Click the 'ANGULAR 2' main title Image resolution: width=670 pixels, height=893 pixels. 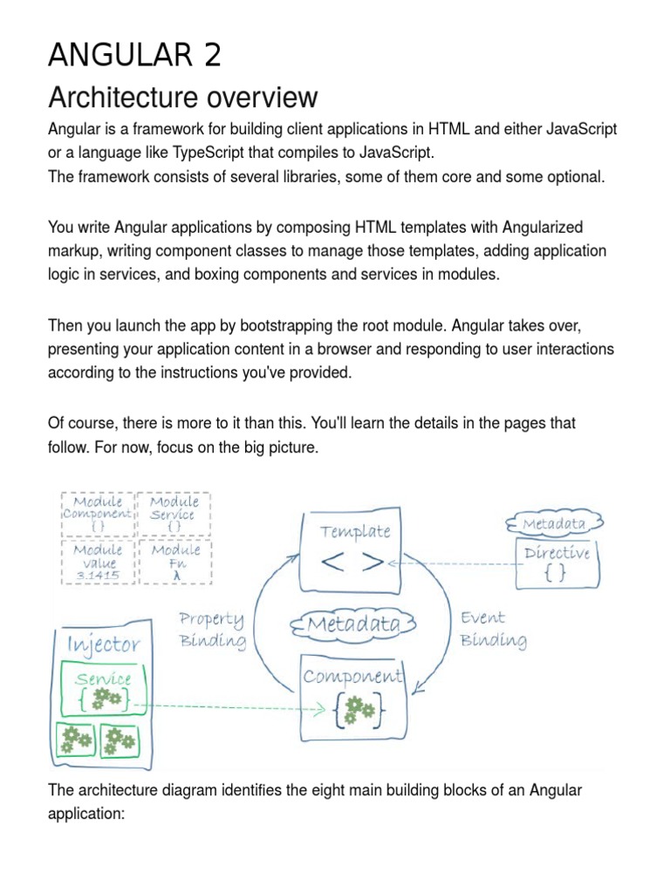click(134, 55)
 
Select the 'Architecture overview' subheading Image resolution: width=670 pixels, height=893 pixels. click(183, 97)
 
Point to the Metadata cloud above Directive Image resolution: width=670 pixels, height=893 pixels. click(554, 523)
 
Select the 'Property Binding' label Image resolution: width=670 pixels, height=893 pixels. click(212, 630)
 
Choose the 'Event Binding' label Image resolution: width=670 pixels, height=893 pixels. click(492, 629)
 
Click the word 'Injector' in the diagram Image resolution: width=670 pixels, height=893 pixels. click(103, 645)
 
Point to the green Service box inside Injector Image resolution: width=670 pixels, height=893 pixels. click(103, 689)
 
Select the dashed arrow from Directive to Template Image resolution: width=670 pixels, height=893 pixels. click(454, 563)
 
